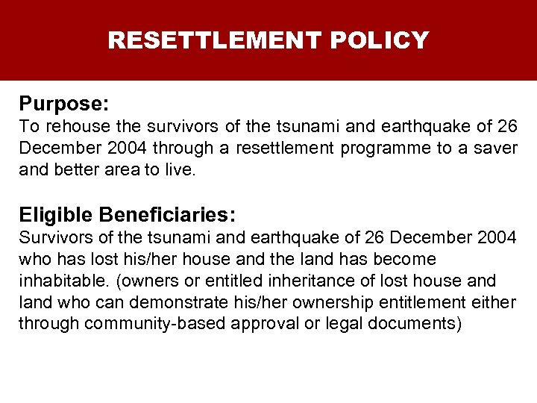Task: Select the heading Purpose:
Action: click(64, 102)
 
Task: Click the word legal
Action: click(333, 324)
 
